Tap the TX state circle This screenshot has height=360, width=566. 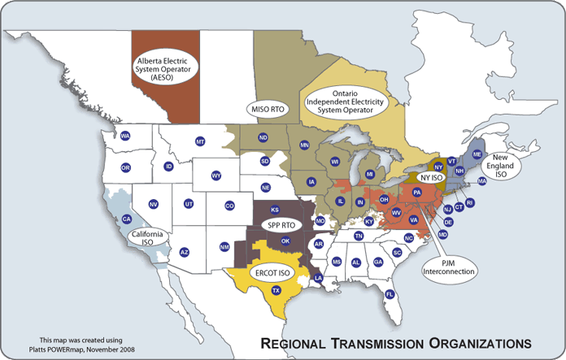276,290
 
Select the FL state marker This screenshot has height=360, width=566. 390,294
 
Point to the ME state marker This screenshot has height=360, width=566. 477,154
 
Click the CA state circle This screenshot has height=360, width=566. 126,219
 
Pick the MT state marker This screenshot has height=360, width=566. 199,142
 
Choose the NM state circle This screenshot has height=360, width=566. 224,246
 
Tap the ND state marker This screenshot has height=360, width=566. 263,138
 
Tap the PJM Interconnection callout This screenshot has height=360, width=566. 449,265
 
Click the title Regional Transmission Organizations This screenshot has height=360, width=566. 394,340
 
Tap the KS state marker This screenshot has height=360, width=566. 275,210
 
